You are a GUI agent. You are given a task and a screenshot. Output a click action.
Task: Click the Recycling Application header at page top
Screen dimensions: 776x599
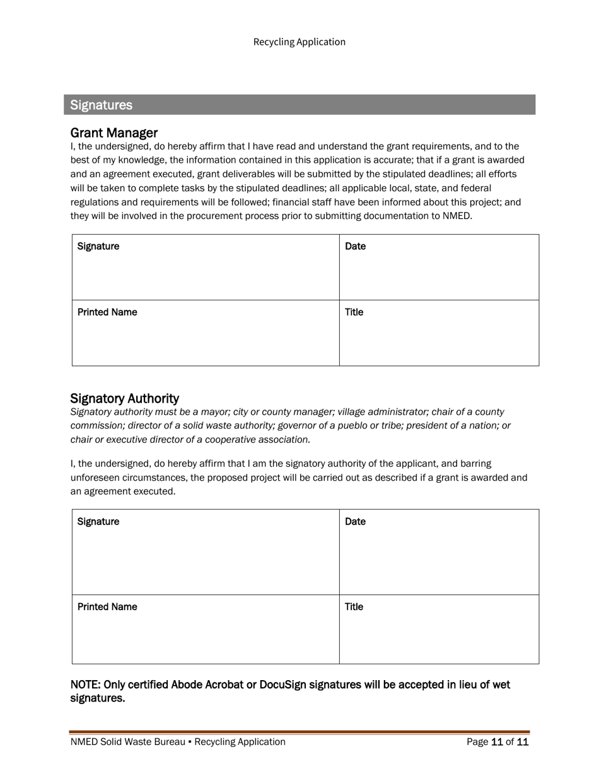299,42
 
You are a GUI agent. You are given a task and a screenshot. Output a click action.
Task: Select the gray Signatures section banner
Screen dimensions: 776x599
299,105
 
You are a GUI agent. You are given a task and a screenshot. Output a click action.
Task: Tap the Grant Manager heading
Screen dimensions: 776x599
113,133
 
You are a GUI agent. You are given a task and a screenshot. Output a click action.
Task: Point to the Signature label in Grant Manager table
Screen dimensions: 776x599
98,246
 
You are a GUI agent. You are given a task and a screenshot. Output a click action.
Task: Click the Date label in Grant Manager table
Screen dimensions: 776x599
355,246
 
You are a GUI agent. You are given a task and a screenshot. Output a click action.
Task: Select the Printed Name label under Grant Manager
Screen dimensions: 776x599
107,312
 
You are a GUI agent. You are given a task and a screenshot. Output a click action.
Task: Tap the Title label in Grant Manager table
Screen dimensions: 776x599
354,312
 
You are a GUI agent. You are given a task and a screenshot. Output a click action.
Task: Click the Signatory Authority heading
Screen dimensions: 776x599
124,399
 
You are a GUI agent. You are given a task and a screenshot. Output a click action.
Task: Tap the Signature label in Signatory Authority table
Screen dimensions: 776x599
98,522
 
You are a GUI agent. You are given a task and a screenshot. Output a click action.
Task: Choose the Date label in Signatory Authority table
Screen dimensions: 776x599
355,522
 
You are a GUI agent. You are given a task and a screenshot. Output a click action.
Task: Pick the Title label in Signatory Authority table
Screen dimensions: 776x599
354,607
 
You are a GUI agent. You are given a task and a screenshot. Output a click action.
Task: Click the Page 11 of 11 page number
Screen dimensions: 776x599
497,743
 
